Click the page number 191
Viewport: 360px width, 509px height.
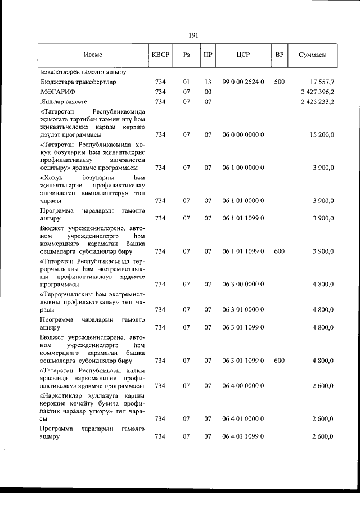[x=193, y=35]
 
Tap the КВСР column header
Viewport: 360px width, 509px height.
[x=160, y=56]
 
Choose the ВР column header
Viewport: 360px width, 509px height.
[x=279, y=56]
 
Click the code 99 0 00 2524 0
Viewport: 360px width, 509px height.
[x=243, y=82]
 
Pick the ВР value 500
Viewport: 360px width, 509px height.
[x=279, y=82]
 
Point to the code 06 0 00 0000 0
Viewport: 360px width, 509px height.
[x=243, y=135]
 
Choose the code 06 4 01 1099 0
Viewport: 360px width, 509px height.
[x=243, y=437]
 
